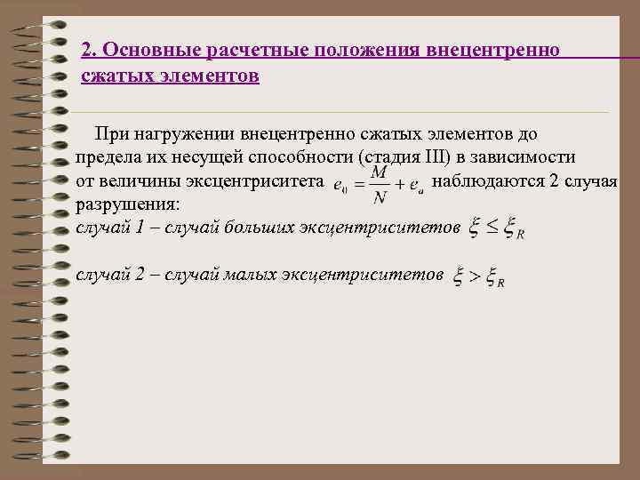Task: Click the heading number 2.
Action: coord(86,50)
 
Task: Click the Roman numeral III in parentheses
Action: coord(432,158)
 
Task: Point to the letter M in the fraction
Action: coord(379,171)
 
